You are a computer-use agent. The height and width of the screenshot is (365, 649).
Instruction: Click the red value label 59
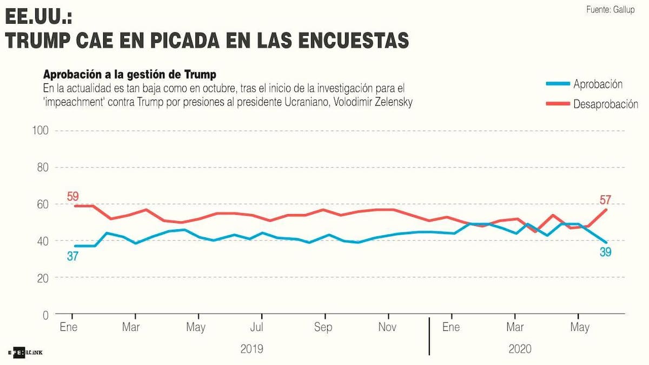pyautogui.click(x=73, y=196)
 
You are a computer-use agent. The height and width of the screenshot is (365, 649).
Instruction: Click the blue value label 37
pyautogui.click(x=73, y=256)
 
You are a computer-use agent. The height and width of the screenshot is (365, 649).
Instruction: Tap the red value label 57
pyautogui.click(x=605, y=201)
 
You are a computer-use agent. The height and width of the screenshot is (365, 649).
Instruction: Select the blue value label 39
pyautogui.click(x=605, y=251)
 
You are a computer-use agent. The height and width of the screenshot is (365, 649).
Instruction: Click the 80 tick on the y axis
pyautogui.click(x=43, y=168)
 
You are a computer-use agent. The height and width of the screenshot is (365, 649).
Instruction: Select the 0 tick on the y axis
pyautogui.click(x=46, y=315)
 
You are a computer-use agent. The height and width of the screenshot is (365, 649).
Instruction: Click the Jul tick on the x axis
pyautogui.click(x=257, y=327)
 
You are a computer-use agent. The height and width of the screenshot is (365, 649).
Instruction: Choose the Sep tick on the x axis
pyautogui.click(x=323, y=327)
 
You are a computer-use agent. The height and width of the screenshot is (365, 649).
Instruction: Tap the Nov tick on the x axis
pyautogui.click(x=387, y=327)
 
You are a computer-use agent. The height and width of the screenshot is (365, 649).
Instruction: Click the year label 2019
pyautogui.click(x=251, y=349)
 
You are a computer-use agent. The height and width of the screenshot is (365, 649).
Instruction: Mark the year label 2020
pyautogui.click(x=520, y=349)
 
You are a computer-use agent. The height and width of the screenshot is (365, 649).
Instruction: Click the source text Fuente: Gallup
pyautogui.click(x=610, y=10)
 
